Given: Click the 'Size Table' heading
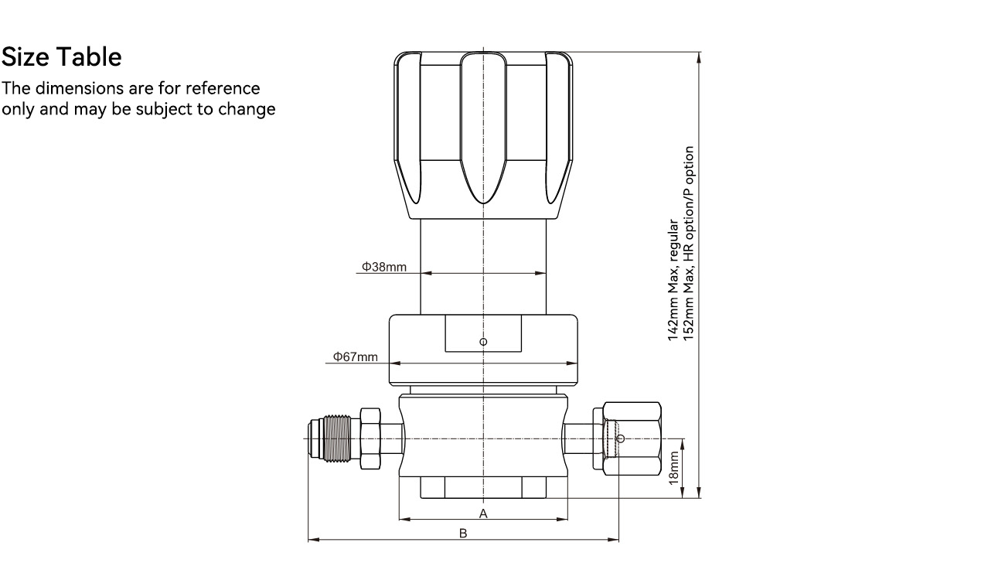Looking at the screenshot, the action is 62,57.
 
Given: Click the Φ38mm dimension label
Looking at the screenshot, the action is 384,267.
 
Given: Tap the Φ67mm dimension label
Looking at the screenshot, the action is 356,357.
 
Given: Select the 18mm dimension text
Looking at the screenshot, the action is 673,468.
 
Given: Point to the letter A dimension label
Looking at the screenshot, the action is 483,513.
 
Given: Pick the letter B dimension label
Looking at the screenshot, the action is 463,534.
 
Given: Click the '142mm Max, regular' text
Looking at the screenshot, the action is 673,280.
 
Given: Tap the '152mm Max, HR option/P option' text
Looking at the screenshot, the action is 689,244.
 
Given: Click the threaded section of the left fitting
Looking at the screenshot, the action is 337,438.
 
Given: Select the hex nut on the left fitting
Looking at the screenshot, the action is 370,438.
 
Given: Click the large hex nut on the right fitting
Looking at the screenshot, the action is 632,438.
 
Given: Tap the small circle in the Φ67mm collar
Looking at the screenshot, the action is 483,342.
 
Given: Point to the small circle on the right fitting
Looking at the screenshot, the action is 621,438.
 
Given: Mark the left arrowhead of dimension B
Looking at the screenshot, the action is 314,540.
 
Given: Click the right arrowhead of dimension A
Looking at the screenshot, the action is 562,520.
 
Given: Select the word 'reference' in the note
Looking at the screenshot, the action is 223,88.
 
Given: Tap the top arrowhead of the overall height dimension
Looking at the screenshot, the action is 699,58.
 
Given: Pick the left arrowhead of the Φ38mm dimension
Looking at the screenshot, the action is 426,273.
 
